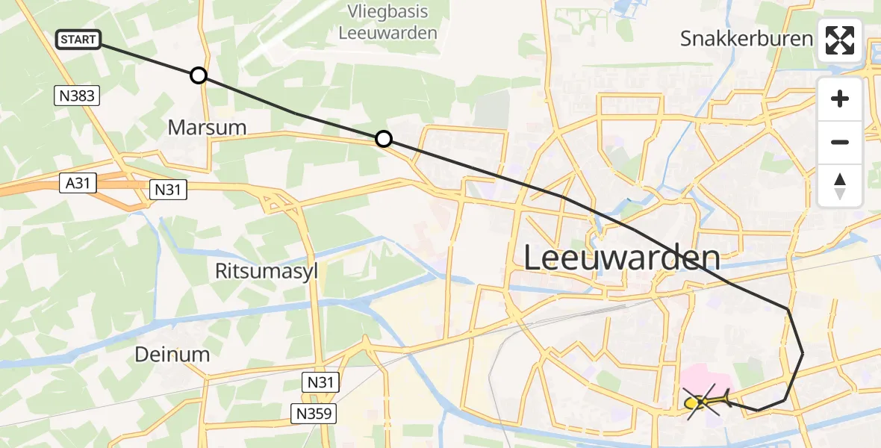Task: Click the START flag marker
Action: click(78, 40)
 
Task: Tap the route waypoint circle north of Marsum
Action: click(199, 75)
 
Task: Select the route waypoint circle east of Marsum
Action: click(383, 139)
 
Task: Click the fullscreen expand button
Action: click(840, 40)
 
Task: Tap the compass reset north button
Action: click(840, 186)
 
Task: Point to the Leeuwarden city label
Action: click(621, 258)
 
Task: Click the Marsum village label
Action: click(207, 127)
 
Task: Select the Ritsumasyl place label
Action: click(267, 271)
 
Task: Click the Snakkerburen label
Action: click(746, 39)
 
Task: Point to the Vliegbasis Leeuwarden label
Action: click(387, 22)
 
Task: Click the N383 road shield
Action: click(78, 95)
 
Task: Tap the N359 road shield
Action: click(314, 413)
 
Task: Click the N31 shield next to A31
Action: click(167, 190)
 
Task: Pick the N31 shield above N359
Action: click(322, 383)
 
